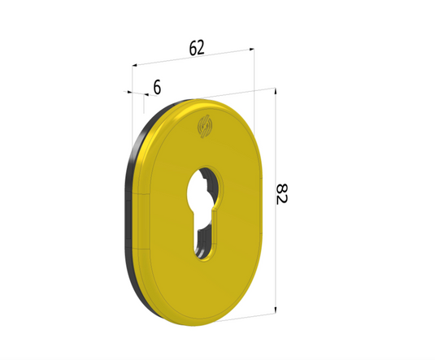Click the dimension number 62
(196, 48)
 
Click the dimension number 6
(156, 86)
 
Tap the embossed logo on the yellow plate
(204, 128)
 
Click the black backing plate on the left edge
(128, 211)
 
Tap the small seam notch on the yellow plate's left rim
(139, 194)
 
